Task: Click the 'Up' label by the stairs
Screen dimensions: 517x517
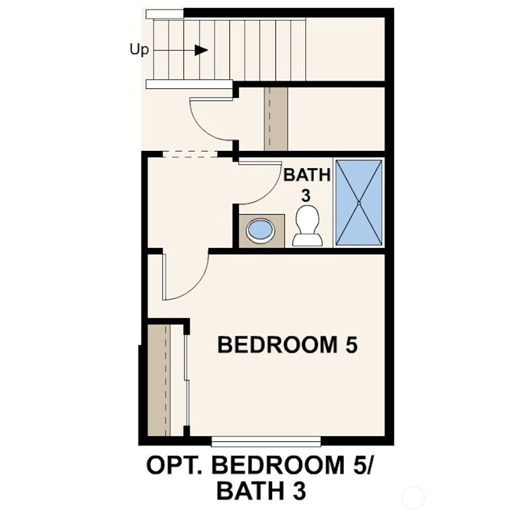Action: [139, 50]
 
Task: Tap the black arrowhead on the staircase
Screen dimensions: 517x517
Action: [201, 50]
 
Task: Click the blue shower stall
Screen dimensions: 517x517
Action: [359, 203]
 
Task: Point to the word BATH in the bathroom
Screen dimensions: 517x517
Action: [307, 175]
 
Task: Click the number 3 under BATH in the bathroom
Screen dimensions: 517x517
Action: [306, 195]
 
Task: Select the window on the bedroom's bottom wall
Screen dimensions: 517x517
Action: [266, 442]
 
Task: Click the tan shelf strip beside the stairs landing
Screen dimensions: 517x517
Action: [276, 119]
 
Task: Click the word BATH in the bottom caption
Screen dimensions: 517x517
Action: [248, 491]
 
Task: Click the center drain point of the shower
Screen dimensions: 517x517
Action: [359, 203]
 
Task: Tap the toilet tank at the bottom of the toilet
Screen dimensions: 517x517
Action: [307, 240]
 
